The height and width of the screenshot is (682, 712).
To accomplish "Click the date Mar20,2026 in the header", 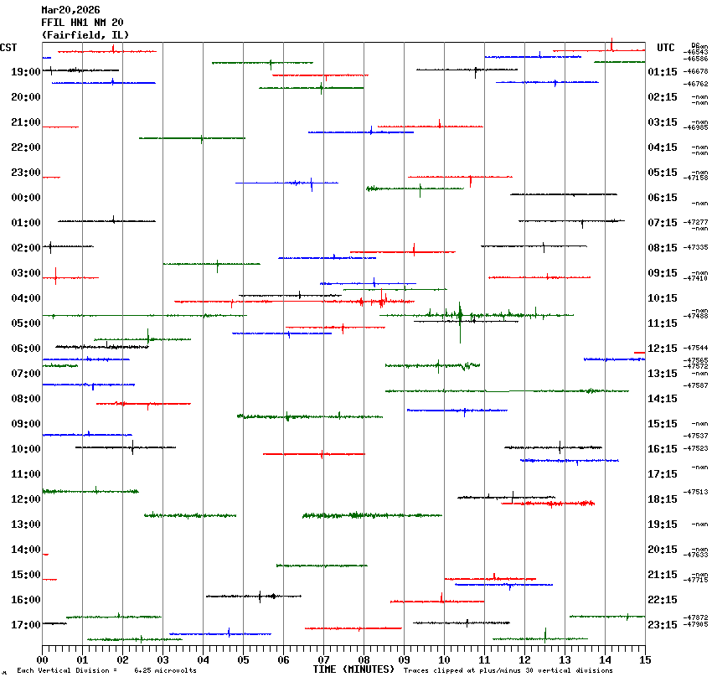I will click(70, 10).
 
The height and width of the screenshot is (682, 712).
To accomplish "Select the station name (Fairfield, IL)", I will click(85, 35).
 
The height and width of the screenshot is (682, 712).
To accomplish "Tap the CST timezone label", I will click(8, 48).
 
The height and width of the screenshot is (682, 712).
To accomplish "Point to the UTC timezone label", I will click(666, 48).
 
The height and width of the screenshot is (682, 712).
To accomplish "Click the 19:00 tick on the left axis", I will click(26, 72).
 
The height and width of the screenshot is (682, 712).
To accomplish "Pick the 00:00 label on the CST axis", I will click(26, 198).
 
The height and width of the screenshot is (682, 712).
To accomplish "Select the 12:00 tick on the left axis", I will click(26, 499).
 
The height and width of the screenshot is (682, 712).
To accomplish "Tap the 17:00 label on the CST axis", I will click(26, 625).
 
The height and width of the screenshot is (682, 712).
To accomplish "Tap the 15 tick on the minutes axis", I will click(645, 660).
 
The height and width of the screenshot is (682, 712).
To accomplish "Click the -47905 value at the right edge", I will click(696, 624).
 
